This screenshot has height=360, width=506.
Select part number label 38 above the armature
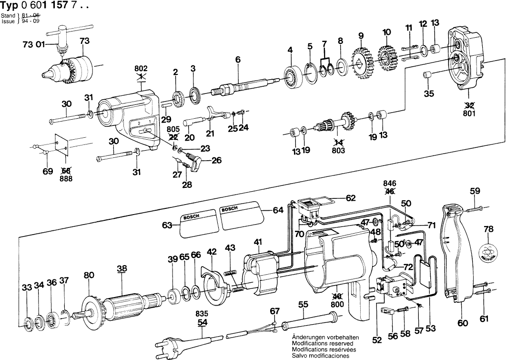(122, 268)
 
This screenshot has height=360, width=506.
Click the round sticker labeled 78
(489, 251)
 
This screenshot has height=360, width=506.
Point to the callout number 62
(351, 197)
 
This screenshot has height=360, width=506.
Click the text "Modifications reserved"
(323, 343)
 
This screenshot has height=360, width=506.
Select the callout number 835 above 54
(202, 313)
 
